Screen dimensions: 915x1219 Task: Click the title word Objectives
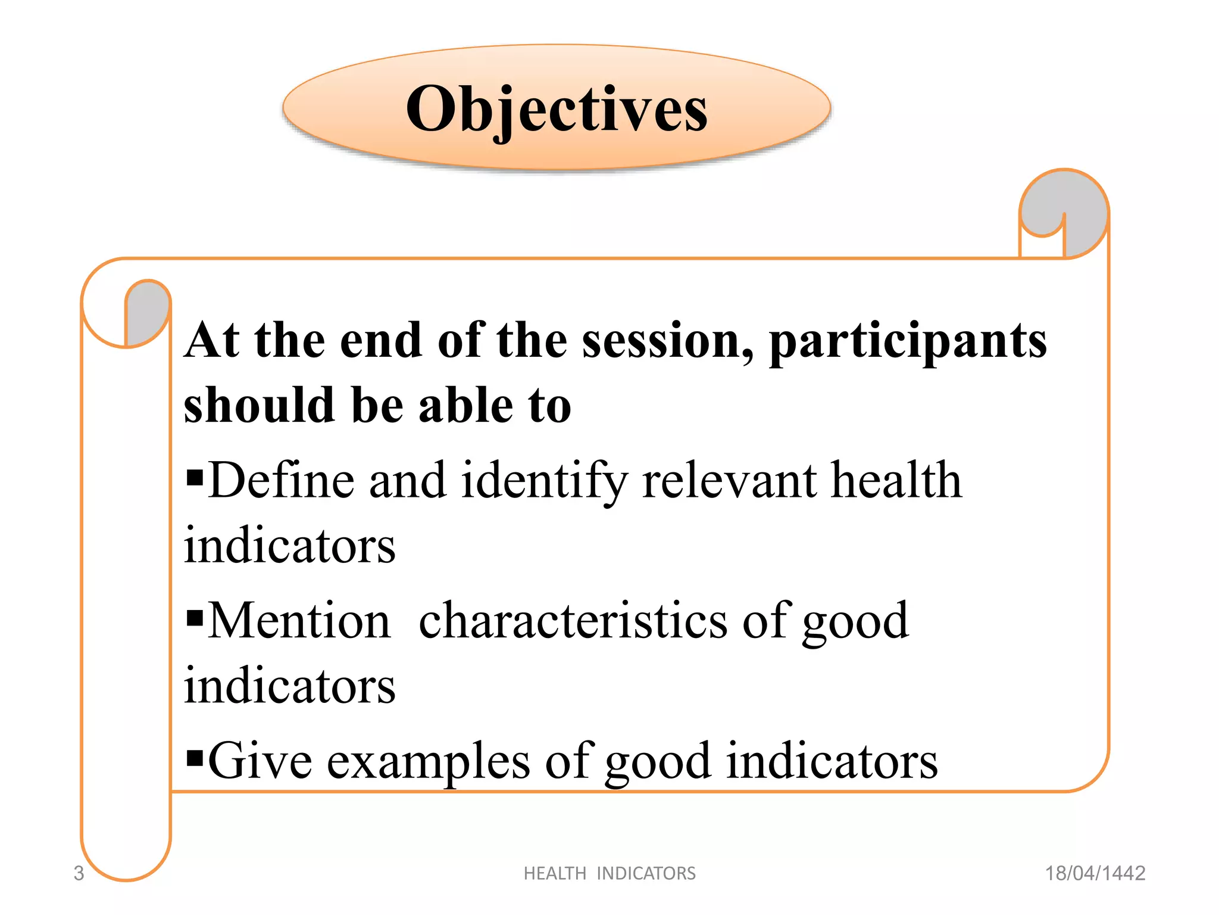[x=557, y=109]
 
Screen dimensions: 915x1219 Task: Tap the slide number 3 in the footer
[x=79, y=873]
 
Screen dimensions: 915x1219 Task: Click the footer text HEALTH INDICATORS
[x=609, y=873]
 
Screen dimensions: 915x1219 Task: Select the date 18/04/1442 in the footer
[x=1095, y=873]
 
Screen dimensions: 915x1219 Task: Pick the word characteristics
[x=573, y=621]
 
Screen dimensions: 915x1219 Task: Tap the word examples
[x=429, y=762]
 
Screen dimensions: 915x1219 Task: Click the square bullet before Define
[x=195, y=477]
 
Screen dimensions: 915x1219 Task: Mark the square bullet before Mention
[x=195, y=618]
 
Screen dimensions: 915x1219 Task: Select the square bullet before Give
[x=195, y=758]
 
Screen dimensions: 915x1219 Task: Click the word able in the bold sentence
[x=465, y=406]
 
